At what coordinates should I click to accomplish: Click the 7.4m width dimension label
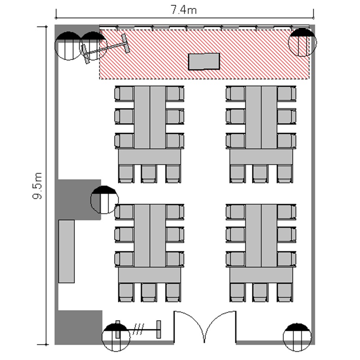point(184,10)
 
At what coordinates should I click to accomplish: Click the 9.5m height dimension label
point(37,186)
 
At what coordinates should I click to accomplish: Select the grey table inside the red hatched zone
point(204,61)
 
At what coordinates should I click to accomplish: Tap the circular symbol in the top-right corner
point(302,42)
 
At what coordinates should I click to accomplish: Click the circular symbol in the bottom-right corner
point(297,337)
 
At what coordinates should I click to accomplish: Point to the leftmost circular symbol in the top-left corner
point(69,46)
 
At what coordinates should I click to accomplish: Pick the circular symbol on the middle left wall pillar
point(105,200)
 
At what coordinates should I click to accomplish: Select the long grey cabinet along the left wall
point(66,252)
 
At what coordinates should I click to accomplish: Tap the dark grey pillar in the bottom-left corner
point(79,327)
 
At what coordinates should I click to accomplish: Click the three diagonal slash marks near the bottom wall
point(139,329)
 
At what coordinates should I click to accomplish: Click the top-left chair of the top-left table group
point(124,94)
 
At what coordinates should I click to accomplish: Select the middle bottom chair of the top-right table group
point(260,174)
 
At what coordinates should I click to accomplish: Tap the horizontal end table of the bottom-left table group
point(149,276)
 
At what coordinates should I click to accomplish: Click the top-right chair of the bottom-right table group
point(287,212)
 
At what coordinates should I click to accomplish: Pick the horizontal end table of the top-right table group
point(261,157)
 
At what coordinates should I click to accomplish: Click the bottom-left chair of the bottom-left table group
point(126,292)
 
